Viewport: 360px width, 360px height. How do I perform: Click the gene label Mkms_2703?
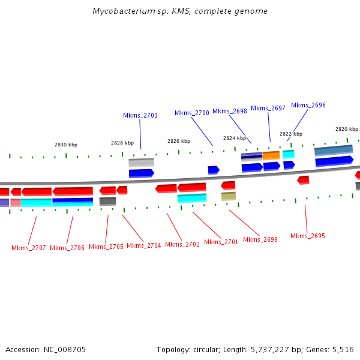click(140, 115)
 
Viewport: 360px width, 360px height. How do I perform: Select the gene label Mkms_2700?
click(192, 113)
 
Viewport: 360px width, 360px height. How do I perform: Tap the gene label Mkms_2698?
click(230, 111)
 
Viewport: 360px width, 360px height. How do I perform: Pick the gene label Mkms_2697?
click(268, 108)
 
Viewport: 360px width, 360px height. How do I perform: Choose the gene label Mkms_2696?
click(308, 105)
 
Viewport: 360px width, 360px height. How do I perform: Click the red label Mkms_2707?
click(29, 248)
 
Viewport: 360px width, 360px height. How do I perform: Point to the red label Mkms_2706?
click(67, 248)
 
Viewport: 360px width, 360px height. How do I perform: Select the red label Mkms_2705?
click(106, 247)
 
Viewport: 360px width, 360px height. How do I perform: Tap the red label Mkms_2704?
click(144, 245)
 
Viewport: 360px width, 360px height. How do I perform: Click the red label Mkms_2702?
click(182, 244)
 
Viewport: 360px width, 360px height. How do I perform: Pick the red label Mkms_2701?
click(221, 242)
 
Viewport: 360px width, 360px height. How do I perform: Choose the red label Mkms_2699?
click(260, 239)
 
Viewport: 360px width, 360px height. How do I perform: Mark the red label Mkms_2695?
click(308, 236)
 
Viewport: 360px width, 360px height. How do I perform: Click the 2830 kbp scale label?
click(66, 145)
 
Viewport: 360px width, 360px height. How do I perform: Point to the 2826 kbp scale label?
click(179, 141)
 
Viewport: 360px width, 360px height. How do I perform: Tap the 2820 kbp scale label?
click(347, 129)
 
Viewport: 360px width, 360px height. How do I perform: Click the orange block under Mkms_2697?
click(271, 155)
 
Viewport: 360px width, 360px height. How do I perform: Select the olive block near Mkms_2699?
click(229, 196)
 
